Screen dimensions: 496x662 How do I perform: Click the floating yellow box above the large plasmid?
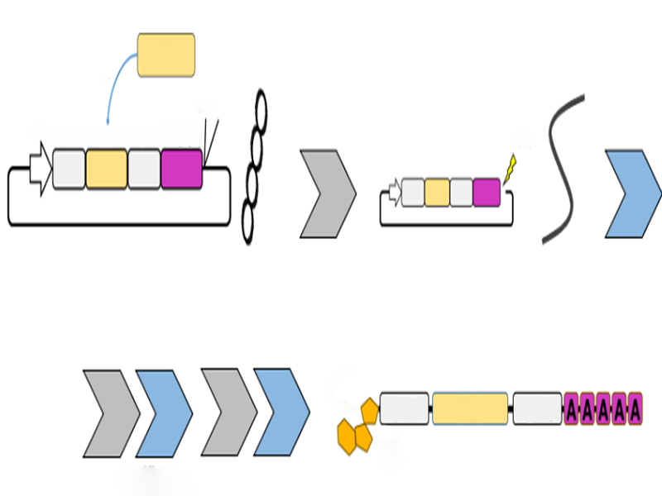click(165, 55)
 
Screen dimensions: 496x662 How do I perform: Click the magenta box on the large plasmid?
click(182, 168)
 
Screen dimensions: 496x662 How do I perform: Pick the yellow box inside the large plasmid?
click(107, 169)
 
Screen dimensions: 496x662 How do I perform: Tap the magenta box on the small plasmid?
click(487, 192)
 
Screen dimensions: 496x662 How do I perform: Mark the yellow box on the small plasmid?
click(437, 192)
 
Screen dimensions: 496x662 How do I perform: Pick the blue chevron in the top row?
click(633, 194)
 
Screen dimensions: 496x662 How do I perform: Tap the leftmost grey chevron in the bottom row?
click(112, 413)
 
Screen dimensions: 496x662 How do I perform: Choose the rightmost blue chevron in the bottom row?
click(282, 413)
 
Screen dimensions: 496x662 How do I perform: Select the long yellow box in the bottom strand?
click(470, 409)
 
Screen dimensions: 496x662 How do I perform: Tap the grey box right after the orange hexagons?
click(405, 409)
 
